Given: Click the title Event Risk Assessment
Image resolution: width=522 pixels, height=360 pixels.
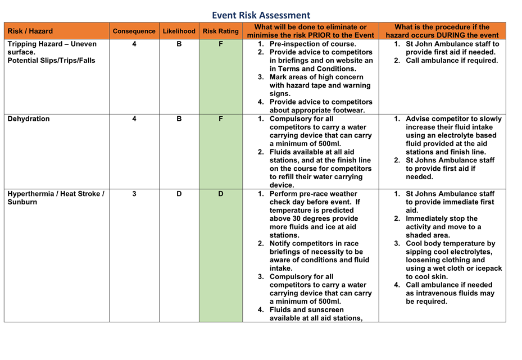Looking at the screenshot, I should [261, 15].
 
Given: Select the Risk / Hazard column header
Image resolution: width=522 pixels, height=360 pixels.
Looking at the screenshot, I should [30, 31].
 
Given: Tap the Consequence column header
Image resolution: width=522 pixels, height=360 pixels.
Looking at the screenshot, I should [134, 31].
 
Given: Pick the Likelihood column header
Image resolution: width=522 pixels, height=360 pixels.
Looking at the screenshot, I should [179, 31].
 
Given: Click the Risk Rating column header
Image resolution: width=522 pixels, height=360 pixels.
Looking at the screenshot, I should [220, 31].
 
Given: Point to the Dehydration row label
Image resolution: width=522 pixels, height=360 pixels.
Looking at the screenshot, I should [29, 119].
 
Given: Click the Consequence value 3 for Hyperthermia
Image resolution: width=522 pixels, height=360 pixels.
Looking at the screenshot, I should [134, 194].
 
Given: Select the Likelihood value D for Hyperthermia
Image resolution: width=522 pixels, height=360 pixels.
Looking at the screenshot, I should [179, 194].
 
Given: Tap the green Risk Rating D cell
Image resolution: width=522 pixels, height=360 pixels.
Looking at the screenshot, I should [220, 194].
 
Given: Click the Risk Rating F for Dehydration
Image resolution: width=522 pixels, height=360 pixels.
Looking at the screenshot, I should [220, 119].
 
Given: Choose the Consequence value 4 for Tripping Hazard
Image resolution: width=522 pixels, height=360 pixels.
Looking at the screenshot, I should [134, 44].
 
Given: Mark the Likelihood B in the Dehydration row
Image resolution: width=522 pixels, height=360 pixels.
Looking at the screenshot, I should [179, 119].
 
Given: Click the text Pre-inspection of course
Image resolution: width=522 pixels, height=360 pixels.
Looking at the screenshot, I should [312, 44].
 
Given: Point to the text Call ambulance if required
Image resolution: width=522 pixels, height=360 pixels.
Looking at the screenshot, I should [452, 61].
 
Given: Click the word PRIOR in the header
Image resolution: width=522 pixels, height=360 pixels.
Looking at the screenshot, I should [332, 35].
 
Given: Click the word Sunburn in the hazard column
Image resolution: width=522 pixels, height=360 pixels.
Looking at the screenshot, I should [22, 202].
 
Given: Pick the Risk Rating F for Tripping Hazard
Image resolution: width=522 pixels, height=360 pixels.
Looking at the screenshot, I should [220, 44].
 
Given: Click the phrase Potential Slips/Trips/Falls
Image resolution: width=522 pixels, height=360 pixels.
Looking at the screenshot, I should [51, 61].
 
